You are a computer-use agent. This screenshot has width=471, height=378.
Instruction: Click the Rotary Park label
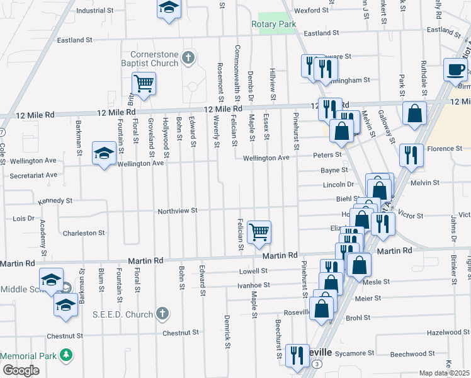coord(273,24)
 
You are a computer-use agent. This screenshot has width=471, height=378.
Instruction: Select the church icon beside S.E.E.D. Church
coord(162,314)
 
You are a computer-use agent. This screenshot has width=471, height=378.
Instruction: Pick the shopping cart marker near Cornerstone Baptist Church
coord(144,83)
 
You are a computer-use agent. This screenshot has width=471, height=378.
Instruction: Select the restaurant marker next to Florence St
coord(411,154)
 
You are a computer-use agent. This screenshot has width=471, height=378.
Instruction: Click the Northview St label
coord(178,210)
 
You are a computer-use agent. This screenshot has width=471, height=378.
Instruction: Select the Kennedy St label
coord(55,200)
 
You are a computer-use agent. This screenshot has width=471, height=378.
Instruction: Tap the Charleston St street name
coord(84,233)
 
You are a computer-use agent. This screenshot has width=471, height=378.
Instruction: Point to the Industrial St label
coord(94,11)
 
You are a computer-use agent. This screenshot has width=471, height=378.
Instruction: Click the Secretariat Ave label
coord(33,175)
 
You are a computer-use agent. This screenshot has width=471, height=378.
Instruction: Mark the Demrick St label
coord(227,328)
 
